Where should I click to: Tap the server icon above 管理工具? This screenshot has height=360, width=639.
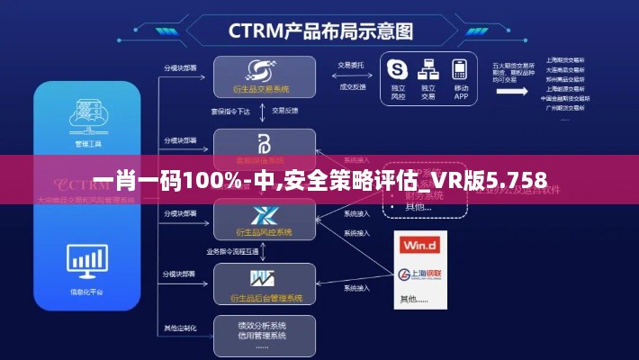tap(88, 118)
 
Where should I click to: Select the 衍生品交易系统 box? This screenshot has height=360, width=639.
tap(264, 76)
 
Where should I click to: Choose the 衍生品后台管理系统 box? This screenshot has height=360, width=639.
tap(264, 283)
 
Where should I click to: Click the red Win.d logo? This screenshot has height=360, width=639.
tap(419, 244)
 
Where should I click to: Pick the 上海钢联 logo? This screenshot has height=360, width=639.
tap(420, 274)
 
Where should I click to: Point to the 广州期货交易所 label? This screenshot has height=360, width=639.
tap(563, 105)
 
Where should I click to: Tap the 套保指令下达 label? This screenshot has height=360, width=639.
tap(229, 111)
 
